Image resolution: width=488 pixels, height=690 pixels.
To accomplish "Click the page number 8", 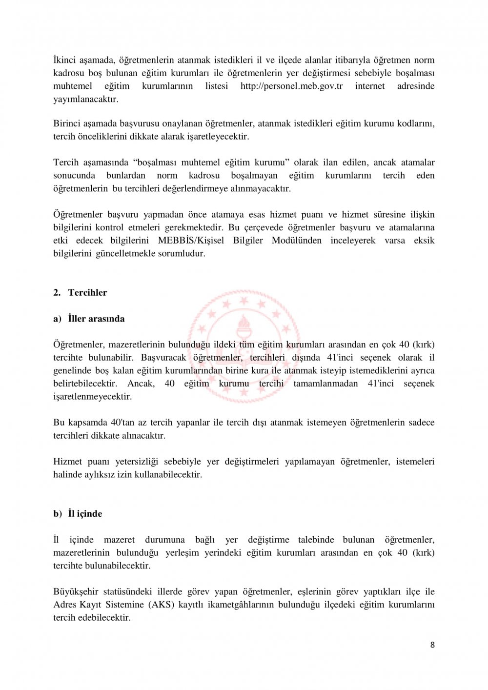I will (432, 645).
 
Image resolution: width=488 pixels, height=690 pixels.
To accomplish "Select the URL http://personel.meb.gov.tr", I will (291, 86).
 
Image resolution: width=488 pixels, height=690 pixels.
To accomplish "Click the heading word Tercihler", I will (87, 293).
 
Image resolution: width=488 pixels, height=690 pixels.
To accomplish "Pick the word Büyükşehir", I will (76, 592).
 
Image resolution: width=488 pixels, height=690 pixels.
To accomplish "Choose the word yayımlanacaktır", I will (85, 99).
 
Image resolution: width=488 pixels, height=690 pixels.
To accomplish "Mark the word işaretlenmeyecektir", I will (92, 397).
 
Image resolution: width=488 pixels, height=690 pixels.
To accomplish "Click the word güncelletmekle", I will (124, 254).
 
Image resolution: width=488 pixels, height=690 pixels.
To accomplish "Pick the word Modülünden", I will (296, 241).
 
